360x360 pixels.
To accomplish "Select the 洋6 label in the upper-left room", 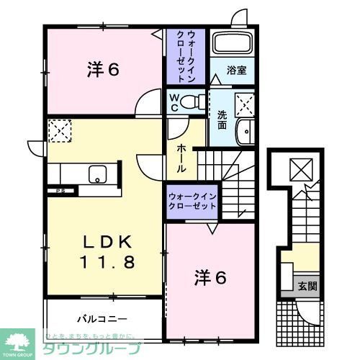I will [x=104, y=70].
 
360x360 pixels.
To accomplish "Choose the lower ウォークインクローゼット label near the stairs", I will [x=193, y=201].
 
